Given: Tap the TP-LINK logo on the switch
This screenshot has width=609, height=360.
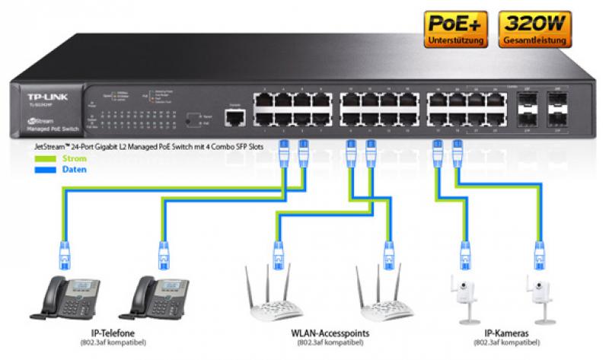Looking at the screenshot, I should [39, 98].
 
